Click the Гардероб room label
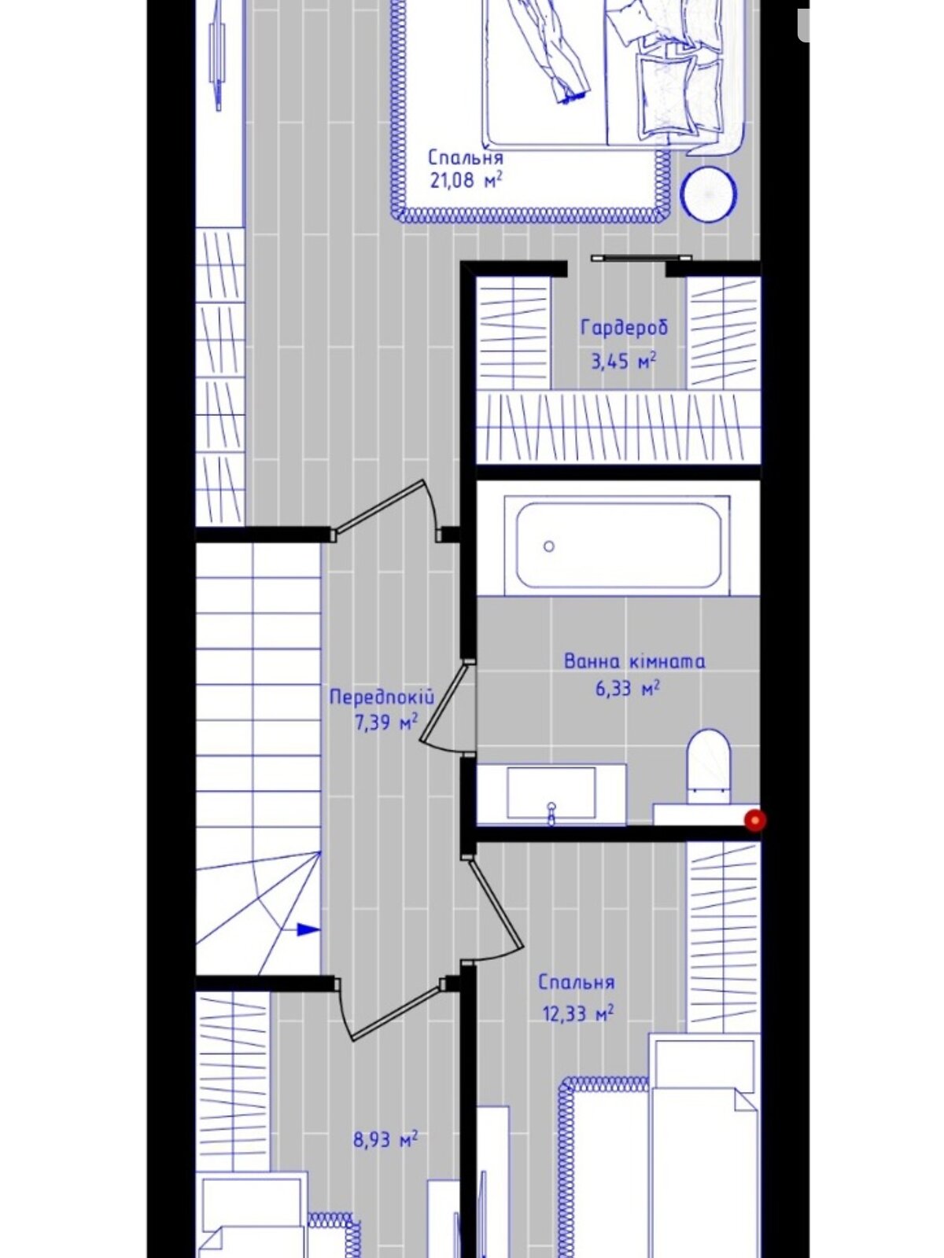click(624, 329)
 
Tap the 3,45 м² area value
click(624, 361)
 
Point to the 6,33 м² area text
click(627, 688)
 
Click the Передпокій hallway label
click(382, 697)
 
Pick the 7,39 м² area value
click(386, 723)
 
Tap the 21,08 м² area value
click(466, 181)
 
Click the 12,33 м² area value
click(577, 1013)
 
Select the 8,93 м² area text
click(385, 1139)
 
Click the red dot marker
click(755, 820)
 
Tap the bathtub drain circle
click(548, 546)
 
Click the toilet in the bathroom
click(709, 766)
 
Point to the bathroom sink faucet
click(551, 813)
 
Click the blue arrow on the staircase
click(308, 929)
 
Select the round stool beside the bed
click(709, 194)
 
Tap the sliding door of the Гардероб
click(641, 259)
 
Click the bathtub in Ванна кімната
click(617, 545)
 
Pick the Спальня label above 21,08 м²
click(466, 157)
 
